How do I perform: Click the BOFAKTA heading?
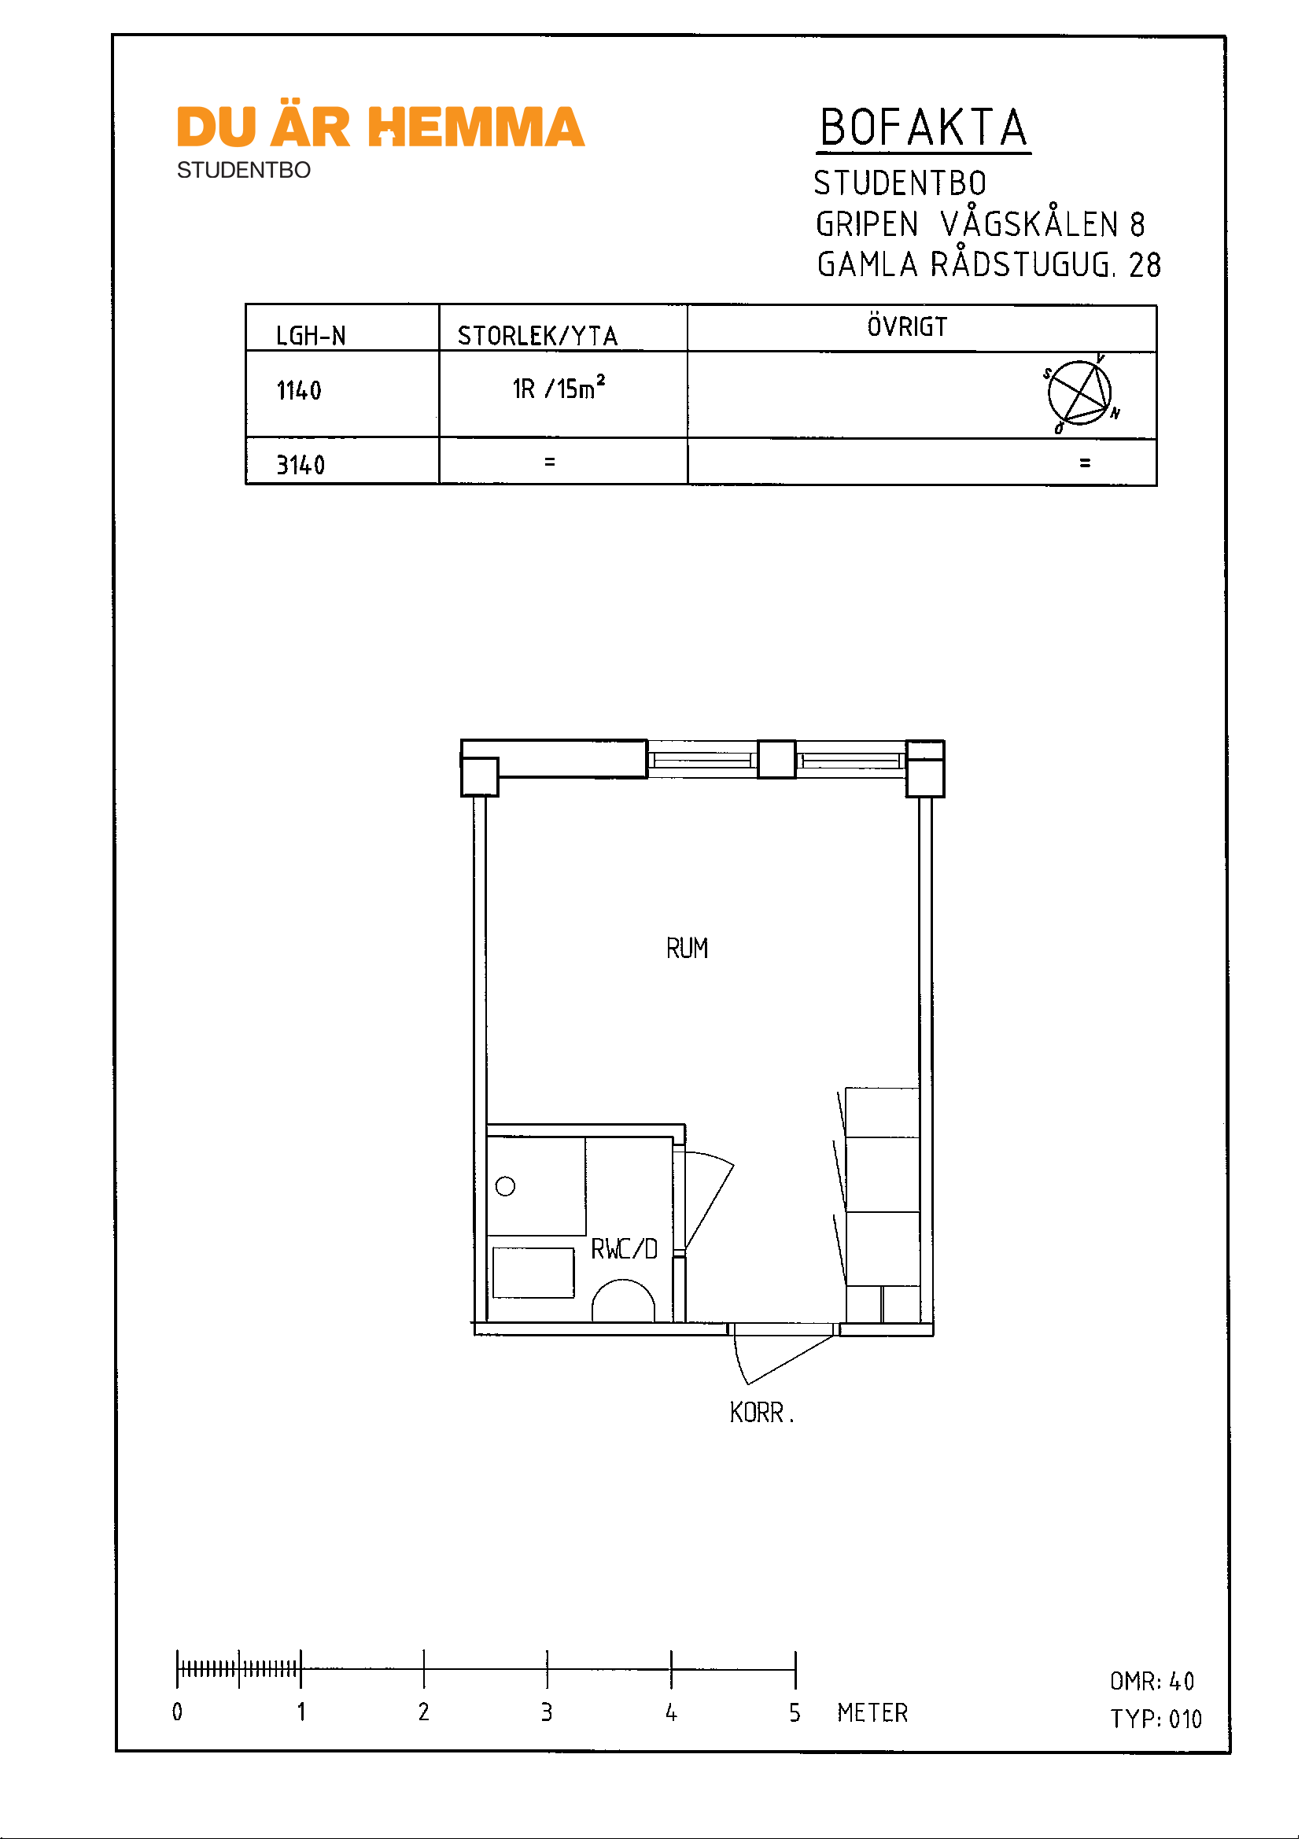click(924, 128)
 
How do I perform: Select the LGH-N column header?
click(312, 335)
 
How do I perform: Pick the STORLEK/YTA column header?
click(537, 335)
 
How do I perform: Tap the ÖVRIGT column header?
click(908, 326)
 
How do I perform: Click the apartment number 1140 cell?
click(299, 391)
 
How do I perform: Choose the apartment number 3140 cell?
click(301, 465)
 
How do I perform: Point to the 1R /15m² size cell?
click(559, 388)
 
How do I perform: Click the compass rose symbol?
click(1080, 393)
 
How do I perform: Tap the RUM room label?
click(688, 949)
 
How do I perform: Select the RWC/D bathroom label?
click(625, 1249)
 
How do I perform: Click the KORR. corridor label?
click(761, 1413)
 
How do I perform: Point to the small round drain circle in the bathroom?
click(505, 1186)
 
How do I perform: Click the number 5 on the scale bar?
click(795, 1712)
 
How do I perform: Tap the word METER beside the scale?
click(873, 1712)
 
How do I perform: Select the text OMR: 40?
click(1152, 1681)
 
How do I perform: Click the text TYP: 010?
click(1156, 1719)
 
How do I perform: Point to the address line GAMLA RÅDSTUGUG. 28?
click(989, 264)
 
